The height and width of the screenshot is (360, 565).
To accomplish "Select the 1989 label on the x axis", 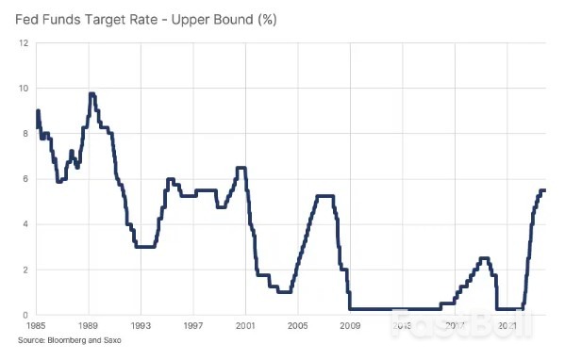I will [89, 326].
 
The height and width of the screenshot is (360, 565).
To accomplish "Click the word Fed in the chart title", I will [29, 18].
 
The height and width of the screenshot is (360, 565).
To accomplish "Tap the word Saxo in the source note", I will [112, 340].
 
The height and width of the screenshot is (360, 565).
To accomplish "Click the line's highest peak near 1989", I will [91, 93].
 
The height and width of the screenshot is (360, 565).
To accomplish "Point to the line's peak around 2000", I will [241, 168].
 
